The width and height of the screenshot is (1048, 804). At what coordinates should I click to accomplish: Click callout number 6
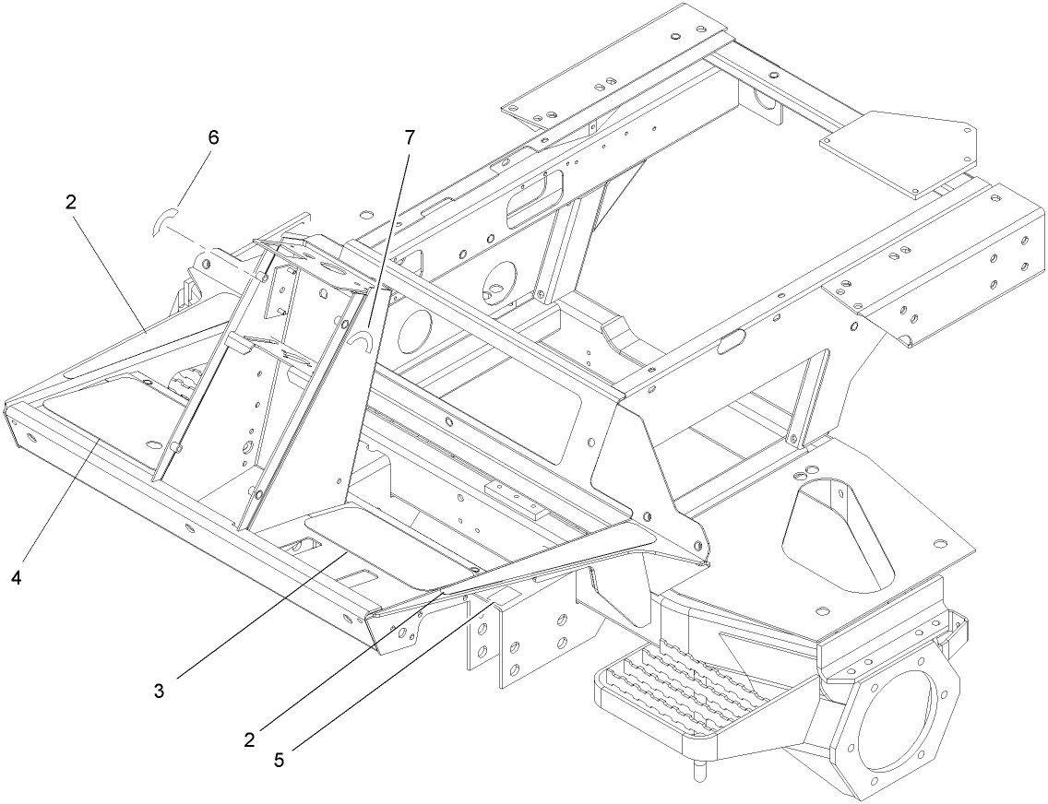[x=213, y=137]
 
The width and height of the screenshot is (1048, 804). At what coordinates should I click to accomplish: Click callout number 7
[x=409, y=137]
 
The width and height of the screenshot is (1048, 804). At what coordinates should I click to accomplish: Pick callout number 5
[x=280, y=761]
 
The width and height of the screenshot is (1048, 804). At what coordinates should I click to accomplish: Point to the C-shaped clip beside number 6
[x=162, y=222]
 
